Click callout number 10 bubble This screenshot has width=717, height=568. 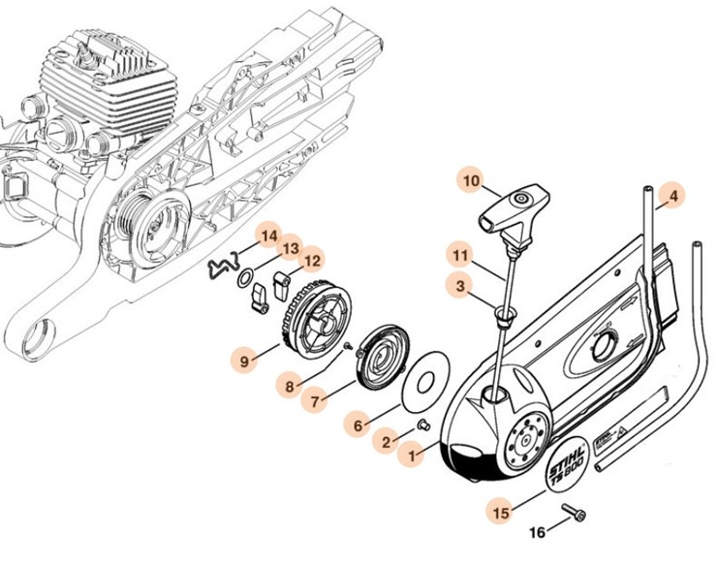click(x=472, y=181)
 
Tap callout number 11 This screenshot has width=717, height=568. click(x=462, y=256)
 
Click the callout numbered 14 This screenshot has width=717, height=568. click(x=267, y=236)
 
